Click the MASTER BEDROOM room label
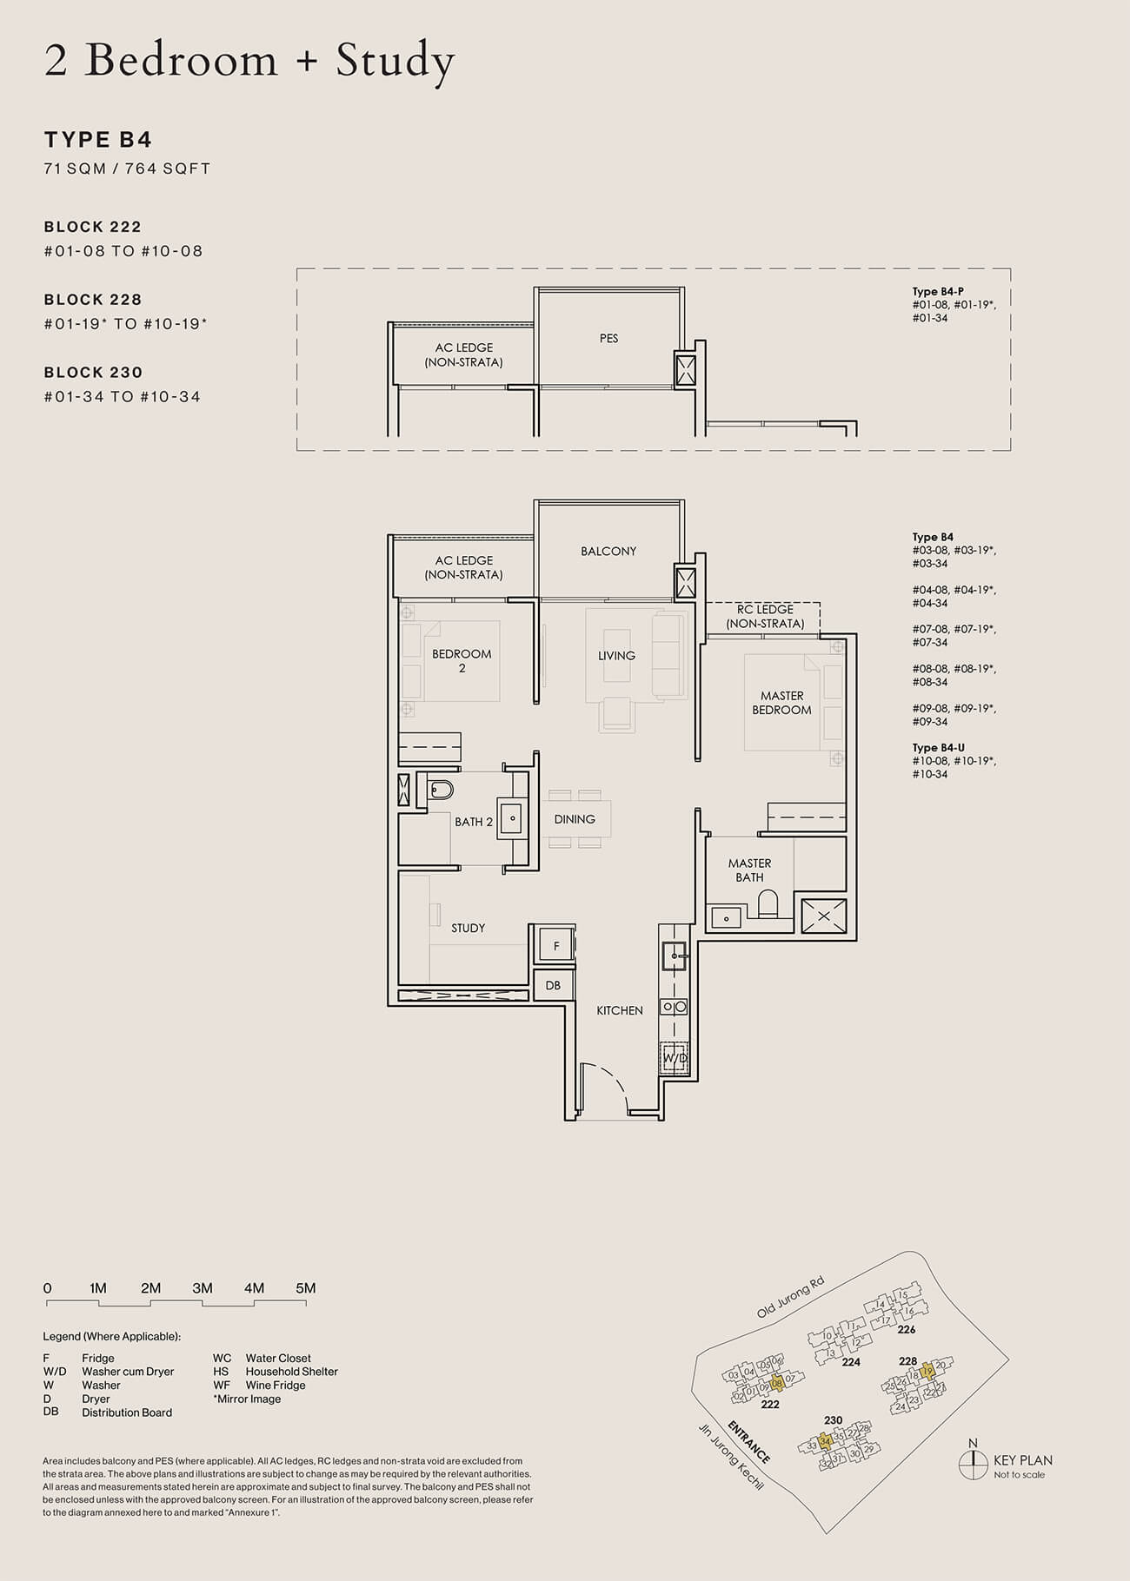pos(781,703)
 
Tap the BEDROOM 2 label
pos(462,661)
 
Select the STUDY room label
pos(468,929)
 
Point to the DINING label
pos(575,819)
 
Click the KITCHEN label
pos(620,1011)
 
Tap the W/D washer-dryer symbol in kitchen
pos(675,1059)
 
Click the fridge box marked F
pos(556,946)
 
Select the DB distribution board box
pos(553,986)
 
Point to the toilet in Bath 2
pos(441,790)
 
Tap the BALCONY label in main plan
pos(608,552)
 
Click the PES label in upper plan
pos(608,339)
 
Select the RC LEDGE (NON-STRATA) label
pos(765,617)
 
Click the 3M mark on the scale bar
pos(203,1288)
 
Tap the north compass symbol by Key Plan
pos(972,1466)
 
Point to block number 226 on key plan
pos(907,1330)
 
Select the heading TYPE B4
pos(98,140)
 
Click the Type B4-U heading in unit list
pos(938,748)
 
